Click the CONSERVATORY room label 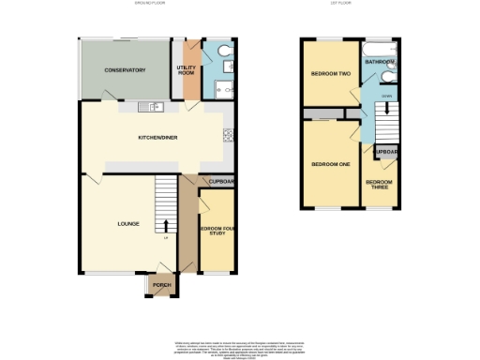tap(125, 70)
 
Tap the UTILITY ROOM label tap(186, 69)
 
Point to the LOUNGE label tap(128, 224)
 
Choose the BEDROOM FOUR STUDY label tap(217, 232)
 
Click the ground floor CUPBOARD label tap(219, 182)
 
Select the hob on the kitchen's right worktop tap(227, 135)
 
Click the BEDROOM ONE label tap(330, 164)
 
